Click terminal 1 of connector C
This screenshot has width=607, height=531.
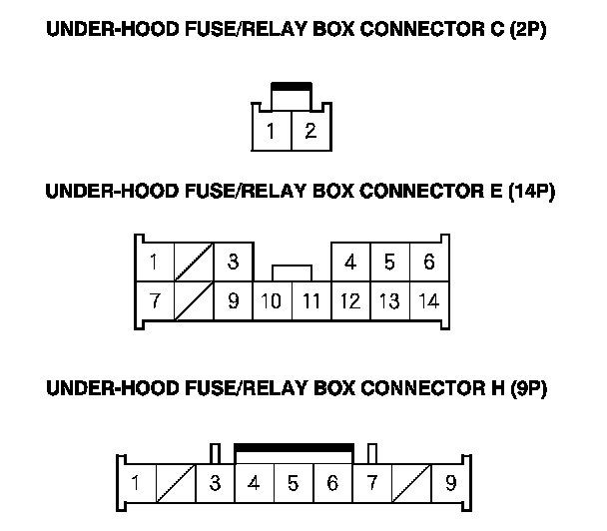coord(272,131)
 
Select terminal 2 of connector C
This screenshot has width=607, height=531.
coord(310,131)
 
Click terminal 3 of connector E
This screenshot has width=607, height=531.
coord(234,263)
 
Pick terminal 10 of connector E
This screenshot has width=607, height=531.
coord(272,301)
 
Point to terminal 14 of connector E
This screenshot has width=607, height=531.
coord(429,301)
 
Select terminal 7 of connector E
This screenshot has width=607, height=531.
coord(155,301)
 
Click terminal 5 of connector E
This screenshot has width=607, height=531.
coord(389,263)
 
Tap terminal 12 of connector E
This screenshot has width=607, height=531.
coord(350,301)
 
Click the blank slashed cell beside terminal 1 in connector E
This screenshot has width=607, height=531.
coord(194,263)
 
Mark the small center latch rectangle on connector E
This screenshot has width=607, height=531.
coord(292,272)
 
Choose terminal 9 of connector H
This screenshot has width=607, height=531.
coord(451,483)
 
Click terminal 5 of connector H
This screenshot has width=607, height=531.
coord(294,483)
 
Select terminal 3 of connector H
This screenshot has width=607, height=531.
coord(215,483)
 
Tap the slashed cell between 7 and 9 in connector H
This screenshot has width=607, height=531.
coord(411,483)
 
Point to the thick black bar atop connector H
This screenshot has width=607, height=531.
coord(294,448)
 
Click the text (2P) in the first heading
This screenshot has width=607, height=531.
coord(528,29)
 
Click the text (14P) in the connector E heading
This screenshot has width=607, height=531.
coord(531,192)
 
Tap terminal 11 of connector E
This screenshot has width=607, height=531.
coord(311,301)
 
